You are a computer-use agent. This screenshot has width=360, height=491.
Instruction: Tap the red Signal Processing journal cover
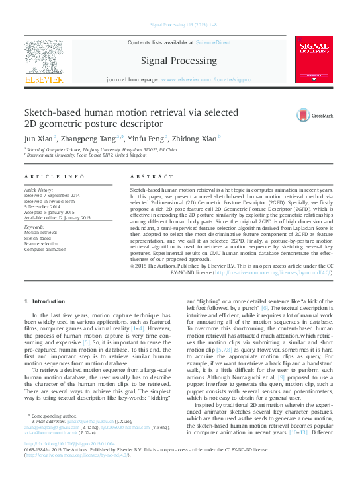[314, 61]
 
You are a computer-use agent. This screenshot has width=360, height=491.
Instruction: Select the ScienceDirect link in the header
[213, 42]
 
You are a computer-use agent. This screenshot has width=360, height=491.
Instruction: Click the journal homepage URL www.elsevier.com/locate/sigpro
[206, 79]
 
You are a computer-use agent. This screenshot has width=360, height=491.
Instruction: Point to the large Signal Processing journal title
[179, 61]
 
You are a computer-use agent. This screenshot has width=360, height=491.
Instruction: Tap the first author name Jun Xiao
[38, 139]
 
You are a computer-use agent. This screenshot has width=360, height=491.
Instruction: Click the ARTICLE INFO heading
[54, 177]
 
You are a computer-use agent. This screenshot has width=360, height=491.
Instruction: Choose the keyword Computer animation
[45, 249]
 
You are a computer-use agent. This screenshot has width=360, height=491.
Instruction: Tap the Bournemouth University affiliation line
[87, 155]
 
